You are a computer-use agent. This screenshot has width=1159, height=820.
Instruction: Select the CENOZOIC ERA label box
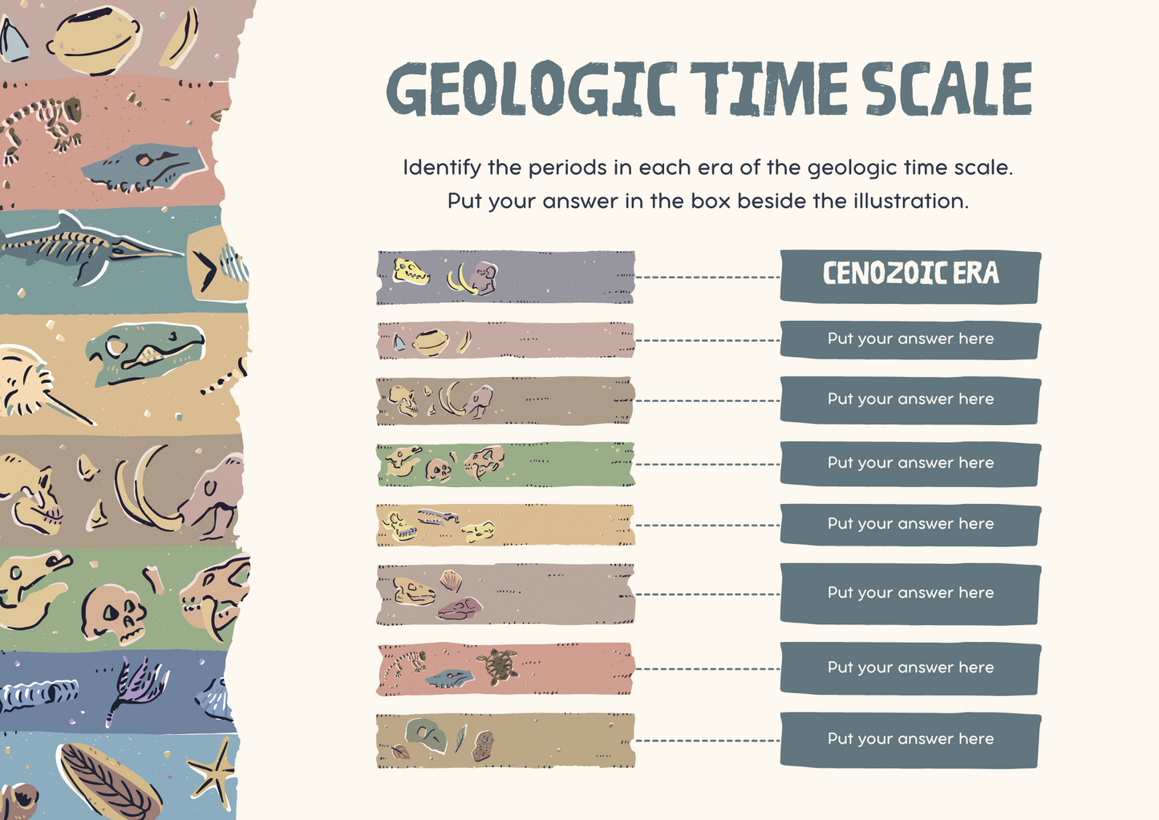(910, 276)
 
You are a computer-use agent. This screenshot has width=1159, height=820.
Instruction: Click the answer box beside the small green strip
(910, 464)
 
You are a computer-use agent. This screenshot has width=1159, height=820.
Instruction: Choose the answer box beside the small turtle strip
(910, 668)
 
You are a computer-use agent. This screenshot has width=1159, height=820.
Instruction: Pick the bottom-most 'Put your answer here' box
(910, 739)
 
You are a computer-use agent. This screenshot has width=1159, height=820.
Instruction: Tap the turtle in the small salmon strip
(497, 665)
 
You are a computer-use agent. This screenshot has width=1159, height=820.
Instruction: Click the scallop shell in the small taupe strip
(452, 579)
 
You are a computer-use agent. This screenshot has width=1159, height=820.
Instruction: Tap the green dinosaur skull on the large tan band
(144, 353)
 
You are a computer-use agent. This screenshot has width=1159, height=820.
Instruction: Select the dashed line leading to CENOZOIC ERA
(707, 278)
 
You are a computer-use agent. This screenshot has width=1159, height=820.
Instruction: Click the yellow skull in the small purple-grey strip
(411, 272)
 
